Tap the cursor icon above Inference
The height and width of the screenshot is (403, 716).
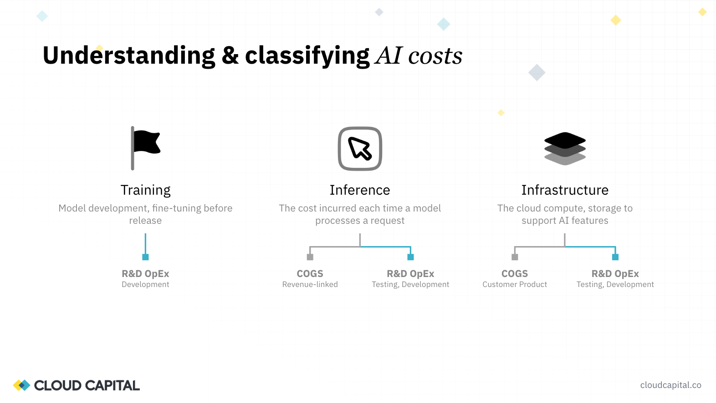tap(360, 149)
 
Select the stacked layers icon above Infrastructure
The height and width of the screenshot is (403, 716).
tap(565, 148)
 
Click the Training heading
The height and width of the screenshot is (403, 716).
tap(146, 190)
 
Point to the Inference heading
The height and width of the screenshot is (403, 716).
tap(360, 190)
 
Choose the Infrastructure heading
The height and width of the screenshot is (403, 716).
tap(565, 190)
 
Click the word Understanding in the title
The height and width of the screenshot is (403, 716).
tap(129, 56)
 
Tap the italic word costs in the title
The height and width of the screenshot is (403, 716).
tap(435, 56)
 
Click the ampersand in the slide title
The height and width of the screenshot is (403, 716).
tap(230, 56)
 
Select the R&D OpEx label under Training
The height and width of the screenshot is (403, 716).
tap(145, 274)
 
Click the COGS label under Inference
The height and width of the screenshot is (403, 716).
tap(310, 274)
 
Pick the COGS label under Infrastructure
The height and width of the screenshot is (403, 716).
tap(515, 274)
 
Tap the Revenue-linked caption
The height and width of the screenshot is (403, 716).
tap(310, 285)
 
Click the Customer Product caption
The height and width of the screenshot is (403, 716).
tap(515, 285)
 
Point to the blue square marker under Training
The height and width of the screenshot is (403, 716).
tap(145, 257)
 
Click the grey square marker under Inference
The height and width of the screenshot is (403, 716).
tap(310, 257)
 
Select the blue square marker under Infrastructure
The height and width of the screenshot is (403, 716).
tap(615, 257)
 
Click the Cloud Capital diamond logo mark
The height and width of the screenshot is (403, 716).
tap(21, 385)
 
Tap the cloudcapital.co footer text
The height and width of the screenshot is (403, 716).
tap(670, 385)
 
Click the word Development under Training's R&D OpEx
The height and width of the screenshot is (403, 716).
tap(145, 285)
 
